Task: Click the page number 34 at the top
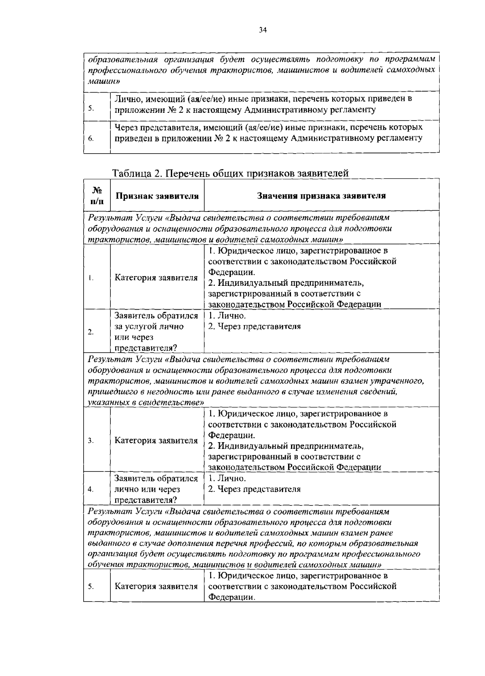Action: click(263, 30)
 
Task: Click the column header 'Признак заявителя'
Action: click(157, 196)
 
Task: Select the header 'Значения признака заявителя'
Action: click(321, 196)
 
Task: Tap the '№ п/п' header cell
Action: click(97, 196)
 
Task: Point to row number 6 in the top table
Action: click(91, 138)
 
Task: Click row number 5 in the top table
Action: click(91, 108)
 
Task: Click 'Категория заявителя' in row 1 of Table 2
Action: click(156, 278)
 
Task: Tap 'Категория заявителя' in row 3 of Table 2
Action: click(156, 440)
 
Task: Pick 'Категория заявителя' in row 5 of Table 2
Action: click(156, 586)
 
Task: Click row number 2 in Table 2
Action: click(91, 332)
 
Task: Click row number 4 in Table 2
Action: click(91, 489)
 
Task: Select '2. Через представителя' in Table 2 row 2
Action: click(254, 326)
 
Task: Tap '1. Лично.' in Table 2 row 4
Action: click(227, 478)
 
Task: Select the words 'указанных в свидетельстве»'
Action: click(146, 403)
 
